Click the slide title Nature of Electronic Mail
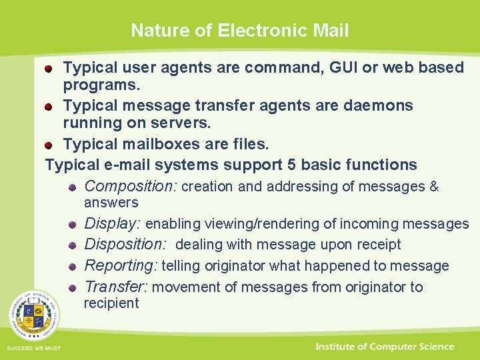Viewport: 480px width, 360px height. pyautogui.click(x=239, y=30)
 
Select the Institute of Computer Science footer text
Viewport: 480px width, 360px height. pyautogui.click(x=385, y=347)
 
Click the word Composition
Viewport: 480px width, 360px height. pyautogui.click(x=130, y=187)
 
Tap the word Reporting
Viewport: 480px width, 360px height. pyautogui.click(x=121, y=265)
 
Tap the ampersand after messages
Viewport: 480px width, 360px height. pyautogui.click(x=434, y=187)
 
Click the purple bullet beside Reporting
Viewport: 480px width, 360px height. pyautogui.click(x=71, y=267)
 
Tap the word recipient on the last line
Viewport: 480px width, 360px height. pyautogui.click(x=111, y=303)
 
